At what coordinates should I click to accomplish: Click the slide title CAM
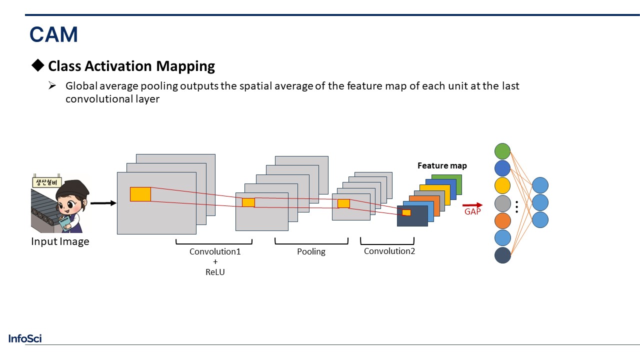point(53,34)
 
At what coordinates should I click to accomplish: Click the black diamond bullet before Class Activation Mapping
point(37,65)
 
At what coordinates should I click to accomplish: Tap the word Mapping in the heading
point(185,66)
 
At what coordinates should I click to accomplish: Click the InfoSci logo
point(25,338)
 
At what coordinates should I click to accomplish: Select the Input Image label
point(60,241)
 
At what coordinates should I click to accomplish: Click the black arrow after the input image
point(103,203)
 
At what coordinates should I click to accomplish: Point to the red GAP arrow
point(472,205)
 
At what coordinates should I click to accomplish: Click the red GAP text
point(472,211)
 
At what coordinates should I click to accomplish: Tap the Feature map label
point(442,165)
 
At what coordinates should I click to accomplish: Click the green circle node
point(502,151)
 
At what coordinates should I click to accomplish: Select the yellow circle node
point(502,185)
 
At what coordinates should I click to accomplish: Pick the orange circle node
point(502,220)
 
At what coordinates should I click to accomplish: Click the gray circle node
point(502,203)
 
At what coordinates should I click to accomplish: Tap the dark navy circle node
point(502,255)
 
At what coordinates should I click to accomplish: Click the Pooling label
point(311,251)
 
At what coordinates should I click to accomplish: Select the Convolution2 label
point(389,251)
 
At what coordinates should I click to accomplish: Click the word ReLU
point(215,272)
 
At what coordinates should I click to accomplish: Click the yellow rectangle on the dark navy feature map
point(406,212)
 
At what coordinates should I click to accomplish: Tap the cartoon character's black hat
point(73,188)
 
